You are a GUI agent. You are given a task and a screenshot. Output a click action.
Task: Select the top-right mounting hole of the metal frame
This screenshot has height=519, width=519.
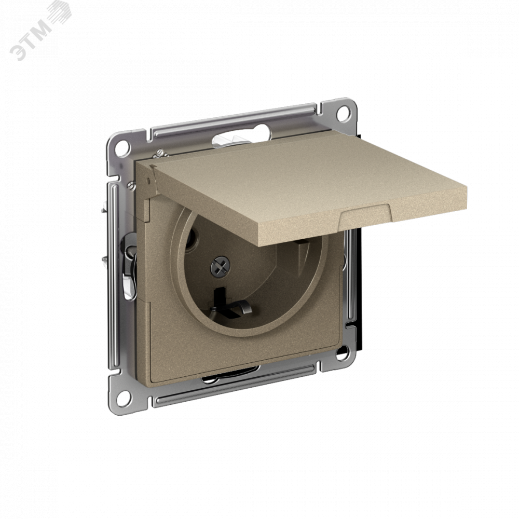pyautogui.click(x=344, y=113)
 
